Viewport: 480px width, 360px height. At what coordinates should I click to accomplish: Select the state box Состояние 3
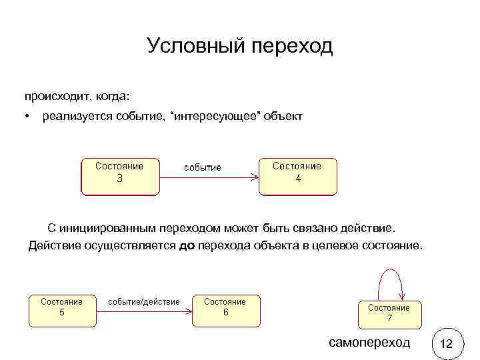point(120,175)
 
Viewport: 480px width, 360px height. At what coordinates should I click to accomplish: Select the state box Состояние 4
point(298,175)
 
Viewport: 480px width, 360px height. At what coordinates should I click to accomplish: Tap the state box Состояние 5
point(62,310)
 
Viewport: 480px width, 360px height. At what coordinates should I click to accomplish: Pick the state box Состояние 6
point(225,310)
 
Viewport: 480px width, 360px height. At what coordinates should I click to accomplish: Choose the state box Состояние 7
point(389,313)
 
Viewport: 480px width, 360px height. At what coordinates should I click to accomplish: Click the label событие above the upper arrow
point(203,167)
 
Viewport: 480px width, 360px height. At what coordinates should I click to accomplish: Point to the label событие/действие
point(144,301)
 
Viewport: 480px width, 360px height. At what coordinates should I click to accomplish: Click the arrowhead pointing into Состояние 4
point(254,177)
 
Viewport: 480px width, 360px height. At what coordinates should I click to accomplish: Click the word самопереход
point(371,343)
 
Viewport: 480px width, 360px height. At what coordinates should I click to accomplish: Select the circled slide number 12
point(447,344)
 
